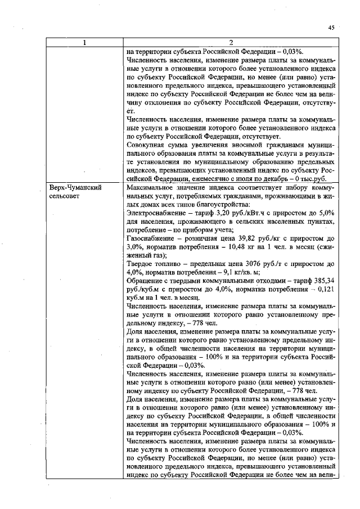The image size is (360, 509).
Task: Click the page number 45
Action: click(x=332, y=26)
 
